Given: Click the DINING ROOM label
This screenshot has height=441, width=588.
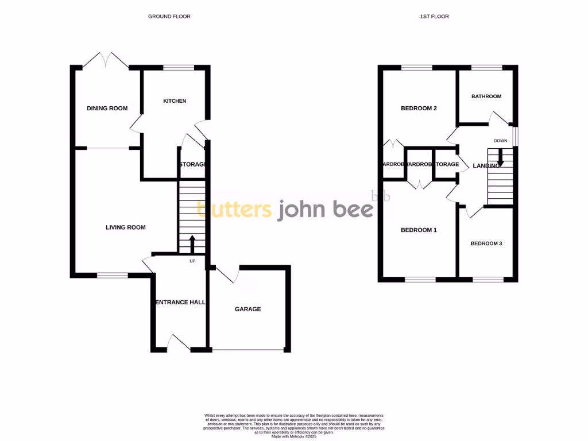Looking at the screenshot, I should click(107, 108).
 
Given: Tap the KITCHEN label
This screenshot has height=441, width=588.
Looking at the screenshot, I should click(175, 101).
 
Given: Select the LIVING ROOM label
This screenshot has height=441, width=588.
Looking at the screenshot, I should click(125, 227).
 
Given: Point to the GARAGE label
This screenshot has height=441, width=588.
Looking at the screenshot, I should click(247, 309).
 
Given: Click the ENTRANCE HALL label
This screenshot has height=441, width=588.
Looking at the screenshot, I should click(179, 301).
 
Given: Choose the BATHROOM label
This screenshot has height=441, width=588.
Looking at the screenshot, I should click(486, 96).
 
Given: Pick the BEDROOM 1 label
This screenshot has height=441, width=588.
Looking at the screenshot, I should click(419, 230).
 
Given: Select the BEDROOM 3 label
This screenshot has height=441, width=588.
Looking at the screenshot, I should click(486, 243).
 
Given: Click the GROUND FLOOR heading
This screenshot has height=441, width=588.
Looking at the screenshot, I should click(169, 17).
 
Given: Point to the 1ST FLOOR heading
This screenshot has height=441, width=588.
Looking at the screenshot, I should click(434, 17).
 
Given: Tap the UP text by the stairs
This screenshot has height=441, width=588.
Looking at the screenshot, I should click(192, 261).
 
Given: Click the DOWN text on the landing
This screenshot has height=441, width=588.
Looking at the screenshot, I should click(500, 141).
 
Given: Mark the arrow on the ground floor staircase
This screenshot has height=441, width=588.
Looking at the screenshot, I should click(192, 243).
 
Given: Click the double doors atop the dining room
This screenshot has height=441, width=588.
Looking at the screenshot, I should click(106, 60).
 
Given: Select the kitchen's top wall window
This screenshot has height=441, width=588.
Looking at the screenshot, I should click(178, 68).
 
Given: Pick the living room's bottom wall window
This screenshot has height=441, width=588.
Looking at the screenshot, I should click(112, 276).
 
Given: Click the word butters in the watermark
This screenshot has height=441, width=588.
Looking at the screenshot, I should click(235, 210).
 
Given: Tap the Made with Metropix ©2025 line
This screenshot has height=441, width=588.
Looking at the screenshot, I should click(293, 436).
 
